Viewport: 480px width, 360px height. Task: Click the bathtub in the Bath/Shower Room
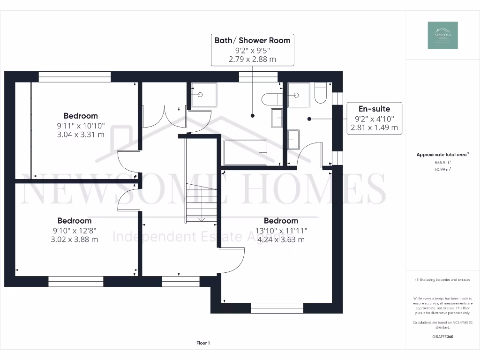click(x=245, y=152)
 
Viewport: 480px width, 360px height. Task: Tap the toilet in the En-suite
click(x=321, y=93)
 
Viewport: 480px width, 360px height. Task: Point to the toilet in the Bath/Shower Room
click(x=272, y=99)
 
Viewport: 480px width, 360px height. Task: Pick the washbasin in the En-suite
click(x=294, y=140)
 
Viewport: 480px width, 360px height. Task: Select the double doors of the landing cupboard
click(x=164, y=117)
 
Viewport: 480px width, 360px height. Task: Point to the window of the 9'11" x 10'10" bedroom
click(x=75, y=77)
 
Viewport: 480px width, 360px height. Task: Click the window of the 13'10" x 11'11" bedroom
click(x=277, y=308)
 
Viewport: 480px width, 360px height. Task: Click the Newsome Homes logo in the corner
click(x=442, y=35)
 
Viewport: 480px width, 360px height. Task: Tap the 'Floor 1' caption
click(x=203, y=343)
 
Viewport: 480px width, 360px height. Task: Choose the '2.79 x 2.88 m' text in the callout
click(x=252, y=59)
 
